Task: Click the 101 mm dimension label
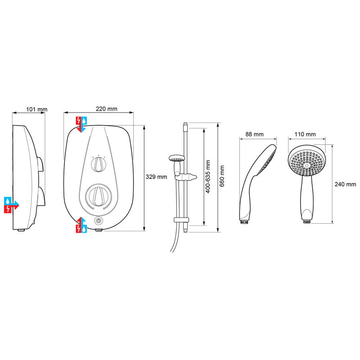click(36, 109)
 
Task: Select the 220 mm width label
click(107, 109)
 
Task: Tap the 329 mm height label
click(157, 177)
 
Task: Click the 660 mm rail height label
click(222, 177)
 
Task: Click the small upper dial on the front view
click(98, 165)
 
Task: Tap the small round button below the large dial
click(99, 221)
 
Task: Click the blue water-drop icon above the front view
click(85, 121)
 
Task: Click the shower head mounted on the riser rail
click(177, 158)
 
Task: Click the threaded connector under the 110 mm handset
click(306, 220)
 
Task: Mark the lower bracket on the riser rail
click(180, 220)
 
